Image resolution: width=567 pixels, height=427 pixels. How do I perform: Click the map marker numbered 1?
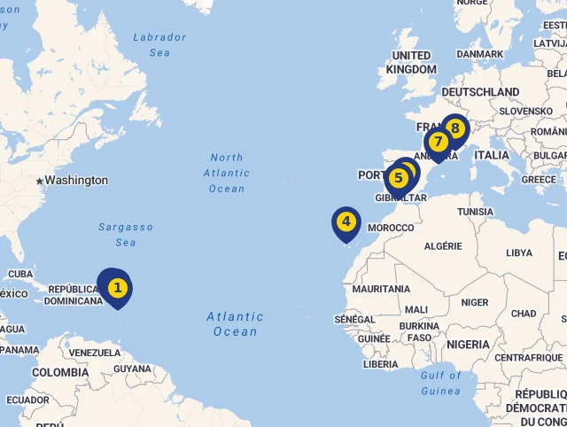point(117,288)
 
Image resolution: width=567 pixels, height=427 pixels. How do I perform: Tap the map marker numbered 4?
point(346,222)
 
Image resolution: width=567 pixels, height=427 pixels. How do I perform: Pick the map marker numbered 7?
point(438,143)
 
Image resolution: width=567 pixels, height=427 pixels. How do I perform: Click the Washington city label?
point(76,181)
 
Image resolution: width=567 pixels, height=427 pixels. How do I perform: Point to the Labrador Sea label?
point(159,45)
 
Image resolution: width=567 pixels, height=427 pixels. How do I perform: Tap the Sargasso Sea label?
point(127,235)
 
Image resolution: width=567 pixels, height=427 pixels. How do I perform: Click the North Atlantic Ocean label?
point(227,173)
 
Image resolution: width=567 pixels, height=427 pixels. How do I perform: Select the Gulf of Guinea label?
point(440,383)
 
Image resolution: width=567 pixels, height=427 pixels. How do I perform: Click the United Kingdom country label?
point(412,63)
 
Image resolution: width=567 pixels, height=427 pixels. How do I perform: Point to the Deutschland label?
point(480,92)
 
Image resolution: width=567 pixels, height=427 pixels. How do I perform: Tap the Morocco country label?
point(391,228)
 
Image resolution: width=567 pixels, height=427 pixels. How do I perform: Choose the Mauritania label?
point(381,289)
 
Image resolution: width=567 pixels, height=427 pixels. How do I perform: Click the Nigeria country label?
point(468,344)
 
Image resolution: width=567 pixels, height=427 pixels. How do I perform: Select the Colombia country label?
point(60,372)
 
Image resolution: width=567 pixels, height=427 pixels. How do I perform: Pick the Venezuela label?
point(94,353)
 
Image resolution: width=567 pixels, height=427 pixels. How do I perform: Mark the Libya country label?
point(519,252)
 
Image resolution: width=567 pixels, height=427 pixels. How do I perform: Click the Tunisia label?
point(475,212)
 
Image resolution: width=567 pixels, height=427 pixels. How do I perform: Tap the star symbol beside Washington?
point(39,181)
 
